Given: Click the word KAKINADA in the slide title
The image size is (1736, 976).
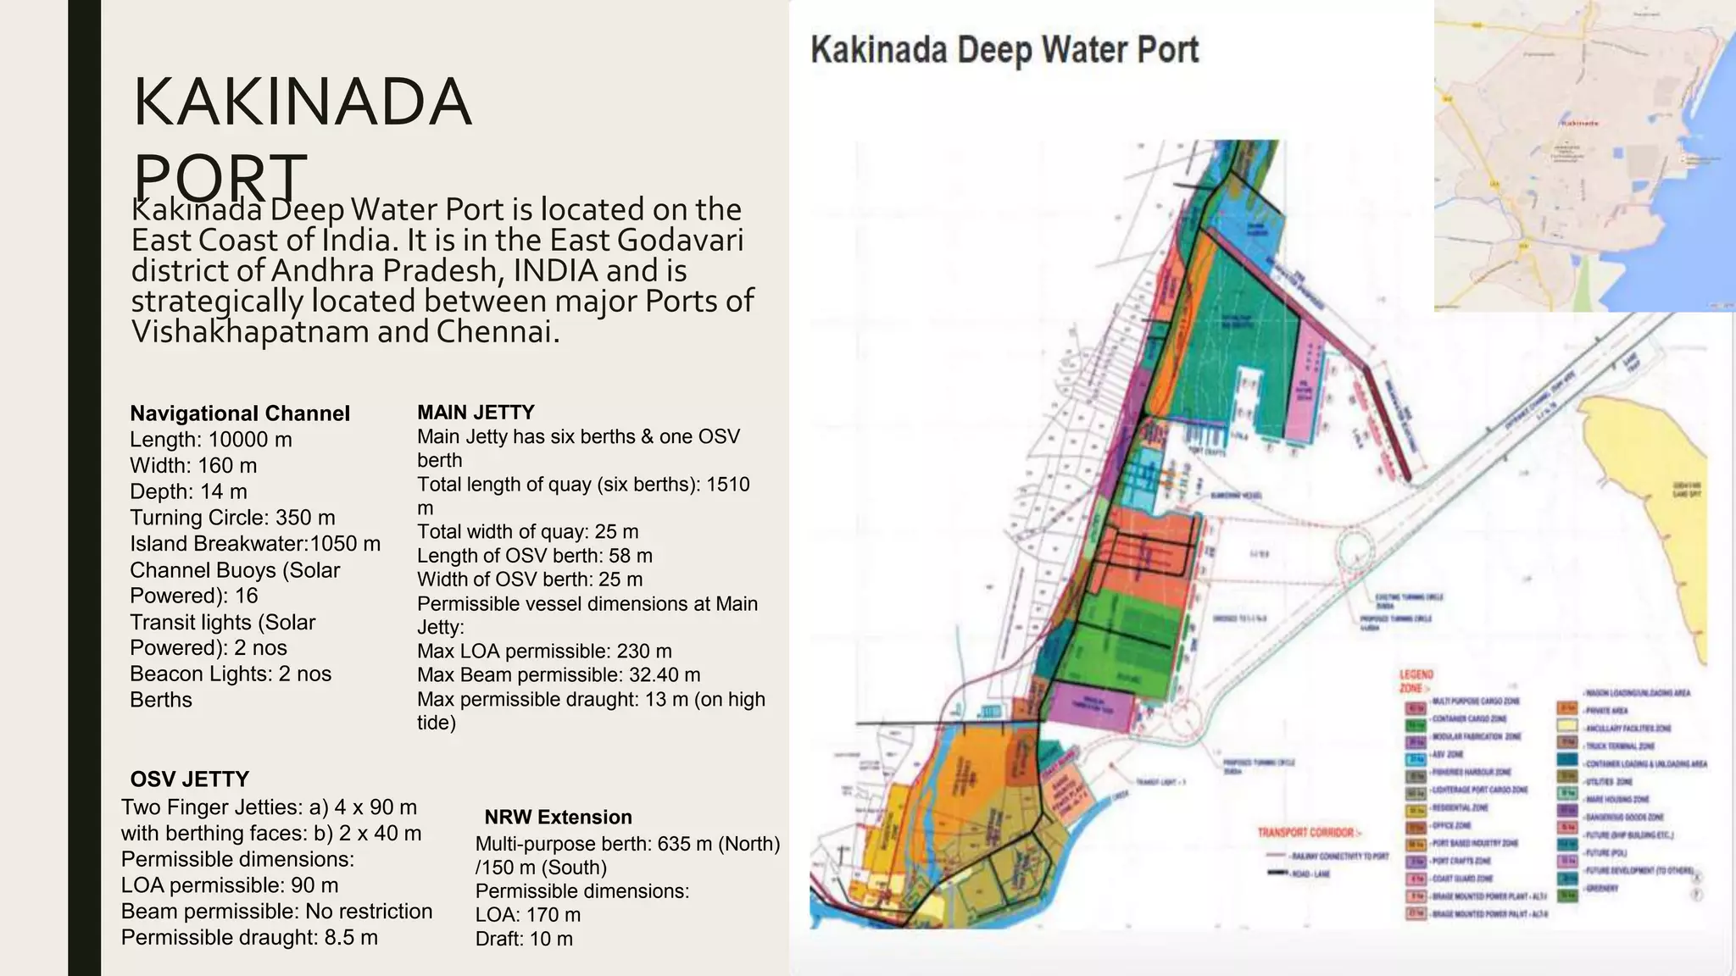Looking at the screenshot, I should click(x=302, y=103).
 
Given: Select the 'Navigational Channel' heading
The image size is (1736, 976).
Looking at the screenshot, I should click(x=239, y=413).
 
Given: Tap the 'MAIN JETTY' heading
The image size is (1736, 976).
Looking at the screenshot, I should click(x=476, y=413).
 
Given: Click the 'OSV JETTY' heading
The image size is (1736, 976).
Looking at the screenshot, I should click(x=189, y=779).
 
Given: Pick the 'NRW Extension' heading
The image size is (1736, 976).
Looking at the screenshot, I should click(x=558, y=818).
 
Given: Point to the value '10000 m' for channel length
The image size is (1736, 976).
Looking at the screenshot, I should click(x=250, y=440).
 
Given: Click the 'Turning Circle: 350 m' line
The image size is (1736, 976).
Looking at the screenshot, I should click(x=232, y=518).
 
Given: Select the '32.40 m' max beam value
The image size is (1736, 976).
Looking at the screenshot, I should click(x=665, y=675).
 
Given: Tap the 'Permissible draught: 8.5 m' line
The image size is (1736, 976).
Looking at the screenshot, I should click(x=249, y=938).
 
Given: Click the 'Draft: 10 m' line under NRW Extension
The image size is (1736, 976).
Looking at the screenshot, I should click(x=524, y=940).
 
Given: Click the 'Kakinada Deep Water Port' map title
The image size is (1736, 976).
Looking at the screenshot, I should click(x=1004, y=50).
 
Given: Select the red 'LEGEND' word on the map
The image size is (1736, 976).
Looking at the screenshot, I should click(x=1416, y=675).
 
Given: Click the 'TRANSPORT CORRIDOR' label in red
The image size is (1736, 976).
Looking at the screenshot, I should click(x=1309, y=833).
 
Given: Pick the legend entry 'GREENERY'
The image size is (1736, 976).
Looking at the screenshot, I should click(x=1601, y=889).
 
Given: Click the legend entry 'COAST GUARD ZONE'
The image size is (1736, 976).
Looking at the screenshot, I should click(x=1461, y=879).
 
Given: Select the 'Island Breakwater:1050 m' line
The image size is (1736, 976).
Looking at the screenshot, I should click(x=254, y=544).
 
